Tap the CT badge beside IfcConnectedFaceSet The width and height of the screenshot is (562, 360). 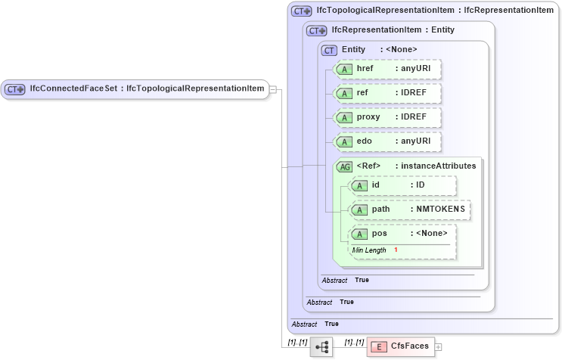[x=15, y=89]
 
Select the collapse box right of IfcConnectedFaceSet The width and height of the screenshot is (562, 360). [x=274, y=89]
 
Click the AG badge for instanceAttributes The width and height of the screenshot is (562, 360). [x=345, y=166]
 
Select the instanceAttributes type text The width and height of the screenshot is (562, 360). [x=439, y=166]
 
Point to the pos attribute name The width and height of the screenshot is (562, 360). [x=379, y=234]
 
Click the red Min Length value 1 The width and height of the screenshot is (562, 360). [x=396, y=250]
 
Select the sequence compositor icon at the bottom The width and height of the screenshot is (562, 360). [x=321, y=346]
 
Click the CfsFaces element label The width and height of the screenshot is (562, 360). [x=409, y=346]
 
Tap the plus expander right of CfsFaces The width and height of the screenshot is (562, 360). [x=438, y=347]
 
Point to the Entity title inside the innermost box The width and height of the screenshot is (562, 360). [x=353, y=49]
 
